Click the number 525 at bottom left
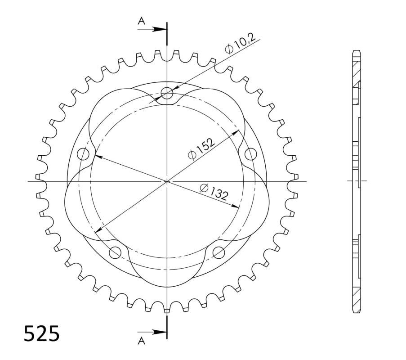click(42, 333)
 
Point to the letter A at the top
click(141, 21)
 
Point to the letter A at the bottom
click(141, 341)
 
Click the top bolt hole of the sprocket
click(167, 93)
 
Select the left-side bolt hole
click(83, 154)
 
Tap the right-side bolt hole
click(250, 154)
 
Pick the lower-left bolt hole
click(116, 252)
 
